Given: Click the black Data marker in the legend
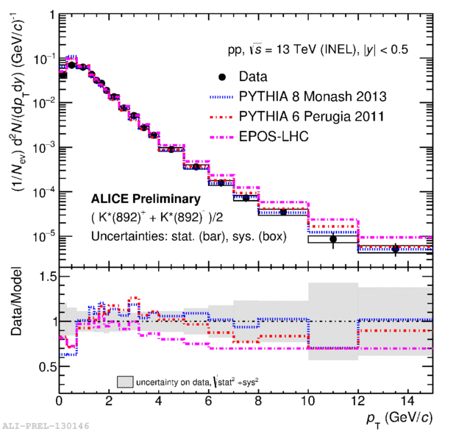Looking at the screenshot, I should pyautogui.click(x=222, y=76).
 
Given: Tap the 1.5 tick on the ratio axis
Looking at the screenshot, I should pyautogui.click(x=46, y=276).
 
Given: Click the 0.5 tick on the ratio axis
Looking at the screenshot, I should pyautogui.click(x=46, y=366).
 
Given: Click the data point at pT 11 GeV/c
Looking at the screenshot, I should pyautogui.click(x=333, y=239).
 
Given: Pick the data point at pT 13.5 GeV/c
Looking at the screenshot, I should pyautogui.click(x=396, y=249).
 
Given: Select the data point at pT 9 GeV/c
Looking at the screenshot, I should pyautogui.click(x=283, y=212).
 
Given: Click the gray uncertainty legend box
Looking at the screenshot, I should pyautogui.click(x=124, y=382).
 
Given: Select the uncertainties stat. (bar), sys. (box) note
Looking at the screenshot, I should pyautogui.click(x=168, y=236).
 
